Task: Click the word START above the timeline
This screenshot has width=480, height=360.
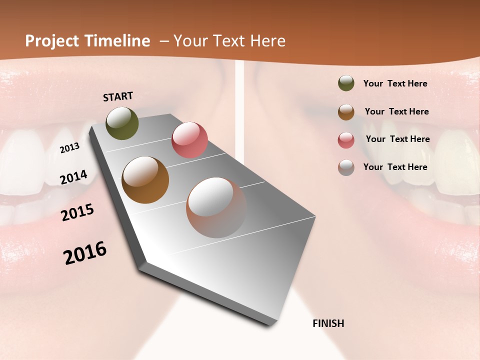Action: tap(118, 96)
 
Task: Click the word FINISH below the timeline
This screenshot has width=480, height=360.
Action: tap(328, 323)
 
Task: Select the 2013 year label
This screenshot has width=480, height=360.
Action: tap(69, 147)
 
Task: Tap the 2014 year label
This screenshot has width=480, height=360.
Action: tap(73, 177)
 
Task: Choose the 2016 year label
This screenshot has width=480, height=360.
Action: tap(85, 252)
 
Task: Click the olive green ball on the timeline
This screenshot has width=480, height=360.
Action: tap(122, 123)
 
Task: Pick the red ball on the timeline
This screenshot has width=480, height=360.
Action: tap(189, 139)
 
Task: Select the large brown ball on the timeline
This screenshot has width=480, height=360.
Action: tap(145, 180)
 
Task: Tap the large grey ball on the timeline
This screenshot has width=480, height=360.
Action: tap(216, 207)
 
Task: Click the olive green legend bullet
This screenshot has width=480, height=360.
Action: tap(346, 83)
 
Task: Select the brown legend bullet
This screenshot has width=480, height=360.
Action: tap(346, 112)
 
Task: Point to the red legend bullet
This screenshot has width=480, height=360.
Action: tap(346, 140)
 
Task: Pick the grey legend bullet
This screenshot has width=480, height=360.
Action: tap(346, 167)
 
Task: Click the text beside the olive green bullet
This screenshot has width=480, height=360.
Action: tap(395, 83)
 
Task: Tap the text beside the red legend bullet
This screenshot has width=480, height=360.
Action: tap(397, 139)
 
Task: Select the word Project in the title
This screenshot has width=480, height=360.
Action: tap(51, 41)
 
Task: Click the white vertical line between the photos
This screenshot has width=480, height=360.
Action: tap(240, 100)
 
